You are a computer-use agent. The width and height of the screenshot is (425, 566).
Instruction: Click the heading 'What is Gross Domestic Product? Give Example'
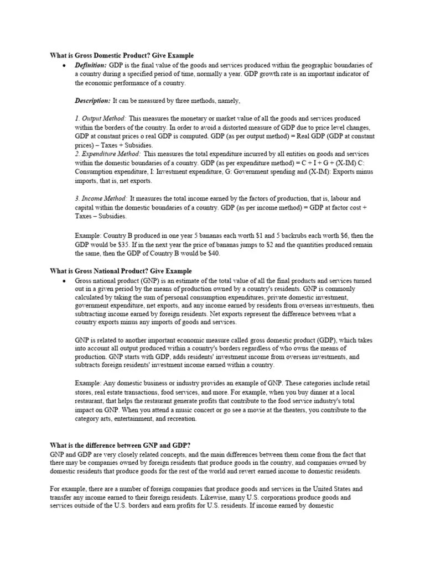coord(122,55)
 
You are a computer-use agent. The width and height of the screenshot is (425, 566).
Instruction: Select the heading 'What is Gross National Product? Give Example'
coord(121,271)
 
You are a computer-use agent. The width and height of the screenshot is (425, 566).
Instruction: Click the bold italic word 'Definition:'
coord(91,65)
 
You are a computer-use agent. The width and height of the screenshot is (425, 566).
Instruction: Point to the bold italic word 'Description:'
coord(92,101)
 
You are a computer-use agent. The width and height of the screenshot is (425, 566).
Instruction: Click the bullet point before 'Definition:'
coord(65,65)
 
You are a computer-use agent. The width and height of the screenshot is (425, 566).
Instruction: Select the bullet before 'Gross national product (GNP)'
coord(65,281)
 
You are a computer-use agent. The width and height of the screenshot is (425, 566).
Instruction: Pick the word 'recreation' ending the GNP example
coord(178,419)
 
